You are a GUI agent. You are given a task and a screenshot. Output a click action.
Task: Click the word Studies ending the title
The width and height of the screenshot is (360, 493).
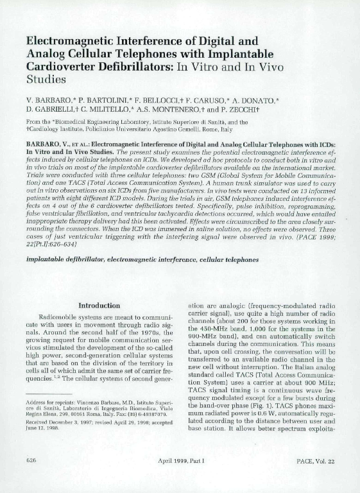(46, 80)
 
